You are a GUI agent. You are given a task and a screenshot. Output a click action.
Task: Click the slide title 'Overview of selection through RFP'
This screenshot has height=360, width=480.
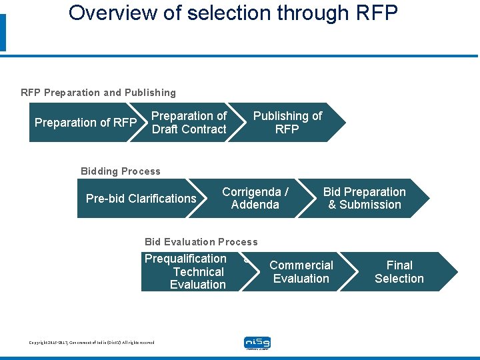tap(233, 13)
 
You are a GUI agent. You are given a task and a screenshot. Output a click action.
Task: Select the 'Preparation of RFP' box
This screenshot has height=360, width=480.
tap(85, 123)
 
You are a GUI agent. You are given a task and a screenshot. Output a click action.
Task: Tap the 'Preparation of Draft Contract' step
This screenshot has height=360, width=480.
tap(189, 123)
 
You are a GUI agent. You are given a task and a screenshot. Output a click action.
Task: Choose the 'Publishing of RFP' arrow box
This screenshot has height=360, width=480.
tap(287, 123)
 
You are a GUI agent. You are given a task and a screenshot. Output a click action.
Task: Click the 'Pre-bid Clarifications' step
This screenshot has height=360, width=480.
tap(141, 199)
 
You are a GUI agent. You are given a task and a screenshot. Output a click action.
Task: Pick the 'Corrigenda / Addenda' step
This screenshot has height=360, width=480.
tap(255, 198)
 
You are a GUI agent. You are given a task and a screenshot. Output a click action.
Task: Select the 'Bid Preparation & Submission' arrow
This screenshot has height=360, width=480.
tap(365, 198)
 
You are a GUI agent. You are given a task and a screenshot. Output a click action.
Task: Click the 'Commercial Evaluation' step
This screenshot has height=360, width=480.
tap(301, 271)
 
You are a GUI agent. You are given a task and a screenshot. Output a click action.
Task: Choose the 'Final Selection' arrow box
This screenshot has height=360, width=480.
tap(399, 271)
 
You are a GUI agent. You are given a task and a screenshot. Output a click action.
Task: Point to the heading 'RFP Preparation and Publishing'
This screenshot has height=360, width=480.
tap(99, 93)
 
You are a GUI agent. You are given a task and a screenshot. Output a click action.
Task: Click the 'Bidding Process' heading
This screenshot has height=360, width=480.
tap(121, 171)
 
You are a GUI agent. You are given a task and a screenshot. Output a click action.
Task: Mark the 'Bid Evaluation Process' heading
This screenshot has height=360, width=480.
tap(201, 242)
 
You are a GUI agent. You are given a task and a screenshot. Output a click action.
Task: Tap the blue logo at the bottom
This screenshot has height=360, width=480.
tap(257, 343)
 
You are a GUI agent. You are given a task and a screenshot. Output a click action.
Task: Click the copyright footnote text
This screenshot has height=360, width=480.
tap(91, 343)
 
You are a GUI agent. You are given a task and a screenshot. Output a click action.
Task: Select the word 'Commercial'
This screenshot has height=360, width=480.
tap(301, 265)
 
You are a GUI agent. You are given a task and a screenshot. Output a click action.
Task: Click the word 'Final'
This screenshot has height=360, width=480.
tap(399, 265)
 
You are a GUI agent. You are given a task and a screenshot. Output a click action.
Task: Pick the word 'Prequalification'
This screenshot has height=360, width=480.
tap(186, 259)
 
